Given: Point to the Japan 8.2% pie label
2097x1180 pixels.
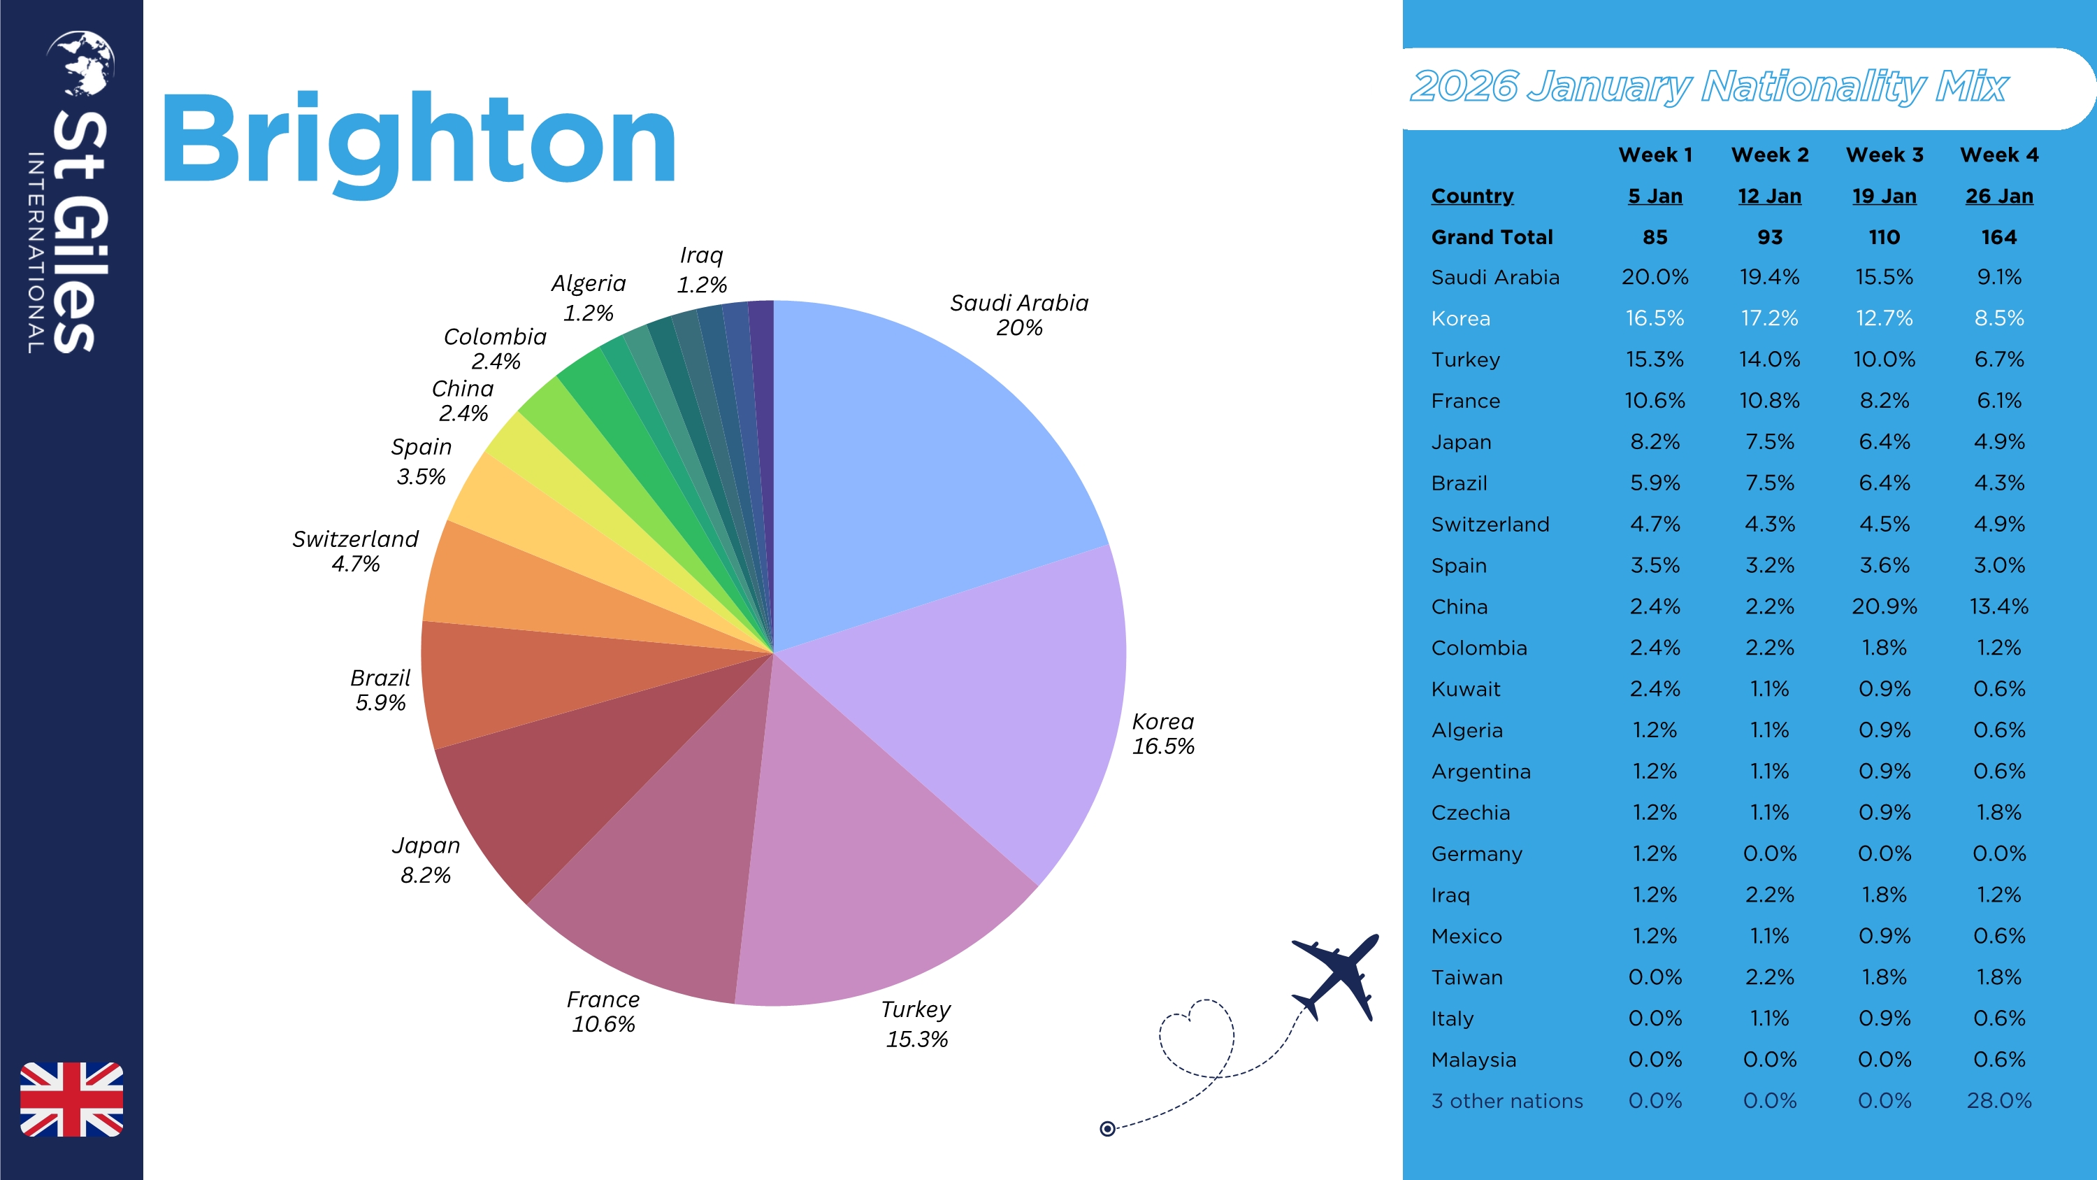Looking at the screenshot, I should (x=426, y=860).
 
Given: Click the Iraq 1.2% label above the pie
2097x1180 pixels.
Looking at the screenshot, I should (x=701, y=269).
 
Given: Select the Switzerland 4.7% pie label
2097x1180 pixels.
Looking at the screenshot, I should (x=356, y=551).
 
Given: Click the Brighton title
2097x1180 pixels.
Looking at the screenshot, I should (x=419, y=140).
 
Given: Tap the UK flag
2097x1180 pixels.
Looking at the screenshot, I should (x=71, y=1099).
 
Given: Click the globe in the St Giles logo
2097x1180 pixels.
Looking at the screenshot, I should (x=81, y=62).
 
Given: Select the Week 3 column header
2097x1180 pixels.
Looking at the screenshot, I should (x=1885, y=155).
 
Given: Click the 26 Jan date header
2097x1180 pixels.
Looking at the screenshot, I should (x=1999, y=197).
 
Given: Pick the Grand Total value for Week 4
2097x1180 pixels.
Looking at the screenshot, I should (x=1999, y=237).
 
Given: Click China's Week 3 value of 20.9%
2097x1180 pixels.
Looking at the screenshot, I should (x=1885, y=606).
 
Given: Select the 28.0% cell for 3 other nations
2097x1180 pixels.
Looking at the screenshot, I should (x=1999, y=1101).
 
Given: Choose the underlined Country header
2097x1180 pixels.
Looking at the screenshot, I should (x=1472, y=197).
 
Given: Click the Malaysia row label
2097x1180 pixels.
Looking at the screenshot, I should (x=1473, y=1060).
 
